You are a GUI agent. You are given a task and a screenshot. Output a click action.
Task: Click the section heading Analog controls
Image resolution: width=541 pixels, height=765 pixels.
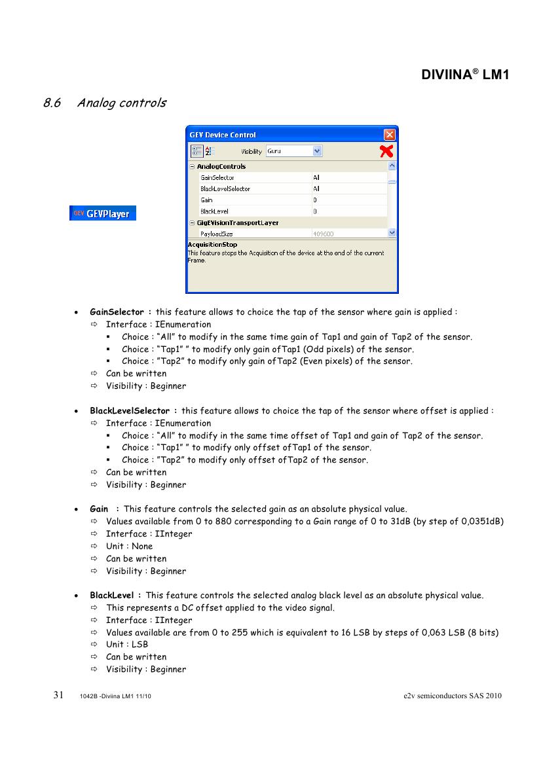[x=121, y=103]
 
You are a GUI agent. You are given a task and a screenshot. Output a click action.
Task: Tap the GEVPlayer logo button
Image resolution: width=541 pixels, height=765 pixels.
[x=103, y=213]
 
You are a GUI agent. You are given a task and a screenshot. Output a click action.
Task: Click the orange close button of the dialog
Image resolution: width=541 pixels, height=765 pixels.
[x=390, y=135]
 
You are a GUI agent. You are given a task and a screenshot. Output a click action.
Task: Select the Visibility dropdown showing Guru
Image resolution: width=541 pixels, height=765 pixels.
[x=294, y=151]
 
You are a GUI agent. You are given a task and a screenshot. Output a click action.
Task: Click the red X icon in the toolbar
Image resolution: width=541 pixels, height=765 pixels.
[x=387, y=151]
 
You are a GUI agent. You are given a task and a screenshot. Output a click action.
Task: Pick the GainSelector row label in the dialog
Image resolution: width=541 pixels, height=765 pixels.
[x=217, y=177]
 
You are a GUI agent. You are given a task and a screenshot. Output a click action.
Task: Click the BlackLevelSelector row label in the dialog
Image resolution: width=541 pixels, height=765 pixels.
[x=225, y=188]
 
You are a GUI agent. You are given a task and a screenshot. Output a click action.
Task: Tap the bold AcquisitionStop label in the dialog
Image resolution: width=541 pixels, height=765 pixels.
[x=212, y=245]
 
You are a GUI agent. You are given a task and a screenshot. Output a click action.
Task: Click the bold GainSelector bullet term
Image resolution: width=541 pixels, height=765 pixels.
[x=117, y=312]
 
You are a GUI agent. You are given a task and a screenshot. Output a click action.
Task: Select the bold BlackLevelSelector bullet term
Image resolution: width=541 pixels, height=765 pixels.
[x=130, y=411]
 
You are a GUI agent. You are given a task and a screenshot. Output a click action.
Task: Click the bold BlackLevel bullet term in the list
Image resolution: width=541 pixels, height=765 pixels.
[x=112, y=596]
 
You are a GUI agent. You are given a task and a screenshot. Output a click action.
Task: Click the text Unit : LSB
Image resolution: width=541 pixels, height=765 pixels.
[x=127, y=645]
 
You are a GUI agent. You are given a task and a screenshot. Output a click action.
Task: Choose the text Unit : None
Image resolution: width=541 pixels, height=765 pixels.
[x=129, y=546]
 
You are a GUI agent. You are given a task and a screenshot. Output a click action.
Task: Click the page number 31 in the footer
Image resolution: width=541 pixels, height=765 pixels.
[x=58, y=695]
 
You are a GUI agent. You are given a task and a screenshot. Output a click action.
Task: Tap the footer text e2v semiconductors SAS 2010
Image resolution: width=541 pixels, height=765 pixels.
[x=453, y=696]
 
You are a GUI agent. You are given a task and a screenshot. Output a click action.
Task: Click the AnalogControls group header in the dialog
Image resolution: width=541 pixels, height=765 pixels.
[x=221, y=166]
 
